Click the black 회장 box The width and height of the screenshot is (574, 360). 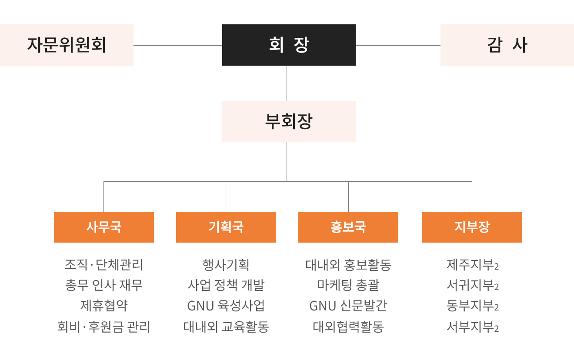[x=289, y=45]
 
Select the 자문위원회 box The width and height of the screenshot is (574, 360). [x=67, y=45]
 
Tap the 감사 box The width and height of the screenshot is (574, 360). [x=507, y=45]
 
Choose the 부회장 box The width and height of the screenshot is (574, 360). [x=289, y=121]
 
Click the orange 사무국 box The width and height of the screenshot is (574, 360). [x=104, y=227]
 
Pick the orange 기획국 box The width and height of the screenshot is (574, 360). [x=226, y=227]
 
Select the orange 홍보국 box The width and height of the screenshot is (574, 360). [x=348, y=227]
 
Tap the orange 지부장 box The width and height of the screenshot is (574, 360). [x=472, y=227]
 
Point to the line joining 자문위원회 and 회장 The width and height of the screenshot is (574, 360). [x=178, y=45]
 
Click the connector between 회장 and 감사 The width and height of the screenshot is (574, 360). [x=398, y=45]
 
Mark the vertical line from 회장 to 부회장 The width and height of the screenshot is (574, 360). [x=287, y=83]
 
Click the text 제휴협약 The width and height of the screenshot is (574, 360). [x=104, y=306]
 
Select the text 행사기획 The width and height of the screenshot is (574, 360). [x=226, y=265]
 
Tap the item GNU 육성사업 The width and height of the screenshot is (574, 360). [x=226, y=306]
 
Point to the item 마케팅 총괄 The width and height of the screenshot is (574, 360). [x=348, y=285]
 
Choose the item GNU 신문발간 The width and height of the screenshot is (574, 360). [x=348, y=306]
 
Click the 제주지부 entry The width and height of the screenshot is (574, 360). [x=471, y=265]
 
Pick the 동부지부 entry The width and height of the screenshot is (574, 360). [x=471, y=306]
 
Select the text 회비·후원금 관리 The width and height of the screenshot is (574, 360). [x=104, y=327]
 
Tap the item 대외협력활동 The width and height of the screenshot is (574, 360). [x=348, y=327]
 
